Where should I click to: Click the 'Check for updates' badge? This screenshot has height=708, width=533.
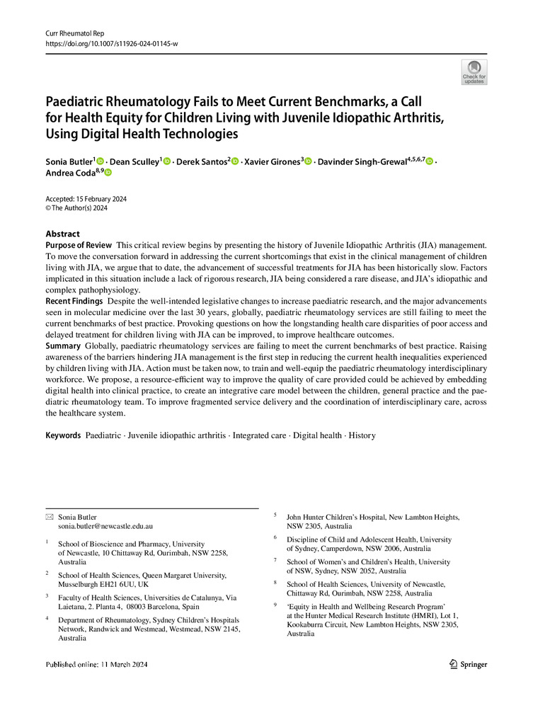coord(474,72)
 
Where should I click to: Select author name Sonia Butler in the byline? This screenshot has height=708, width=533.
coord(70,161)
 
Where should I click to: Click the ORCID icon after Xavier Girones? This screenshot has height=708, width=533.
coord(308,162)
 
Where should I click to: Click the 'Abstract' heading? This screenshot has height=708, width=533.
coord(63,234)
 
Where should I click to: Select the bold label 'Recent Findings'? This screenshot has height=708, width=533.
coord(74,301)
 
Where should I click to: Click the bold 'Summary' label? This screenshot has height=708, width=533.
coord(63,346)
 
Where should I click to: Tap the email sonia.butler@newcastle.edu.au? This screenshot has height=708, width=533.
coord(105,527)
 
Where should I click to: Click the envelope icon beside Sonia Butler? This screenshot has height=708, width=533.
coord(49,517)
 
